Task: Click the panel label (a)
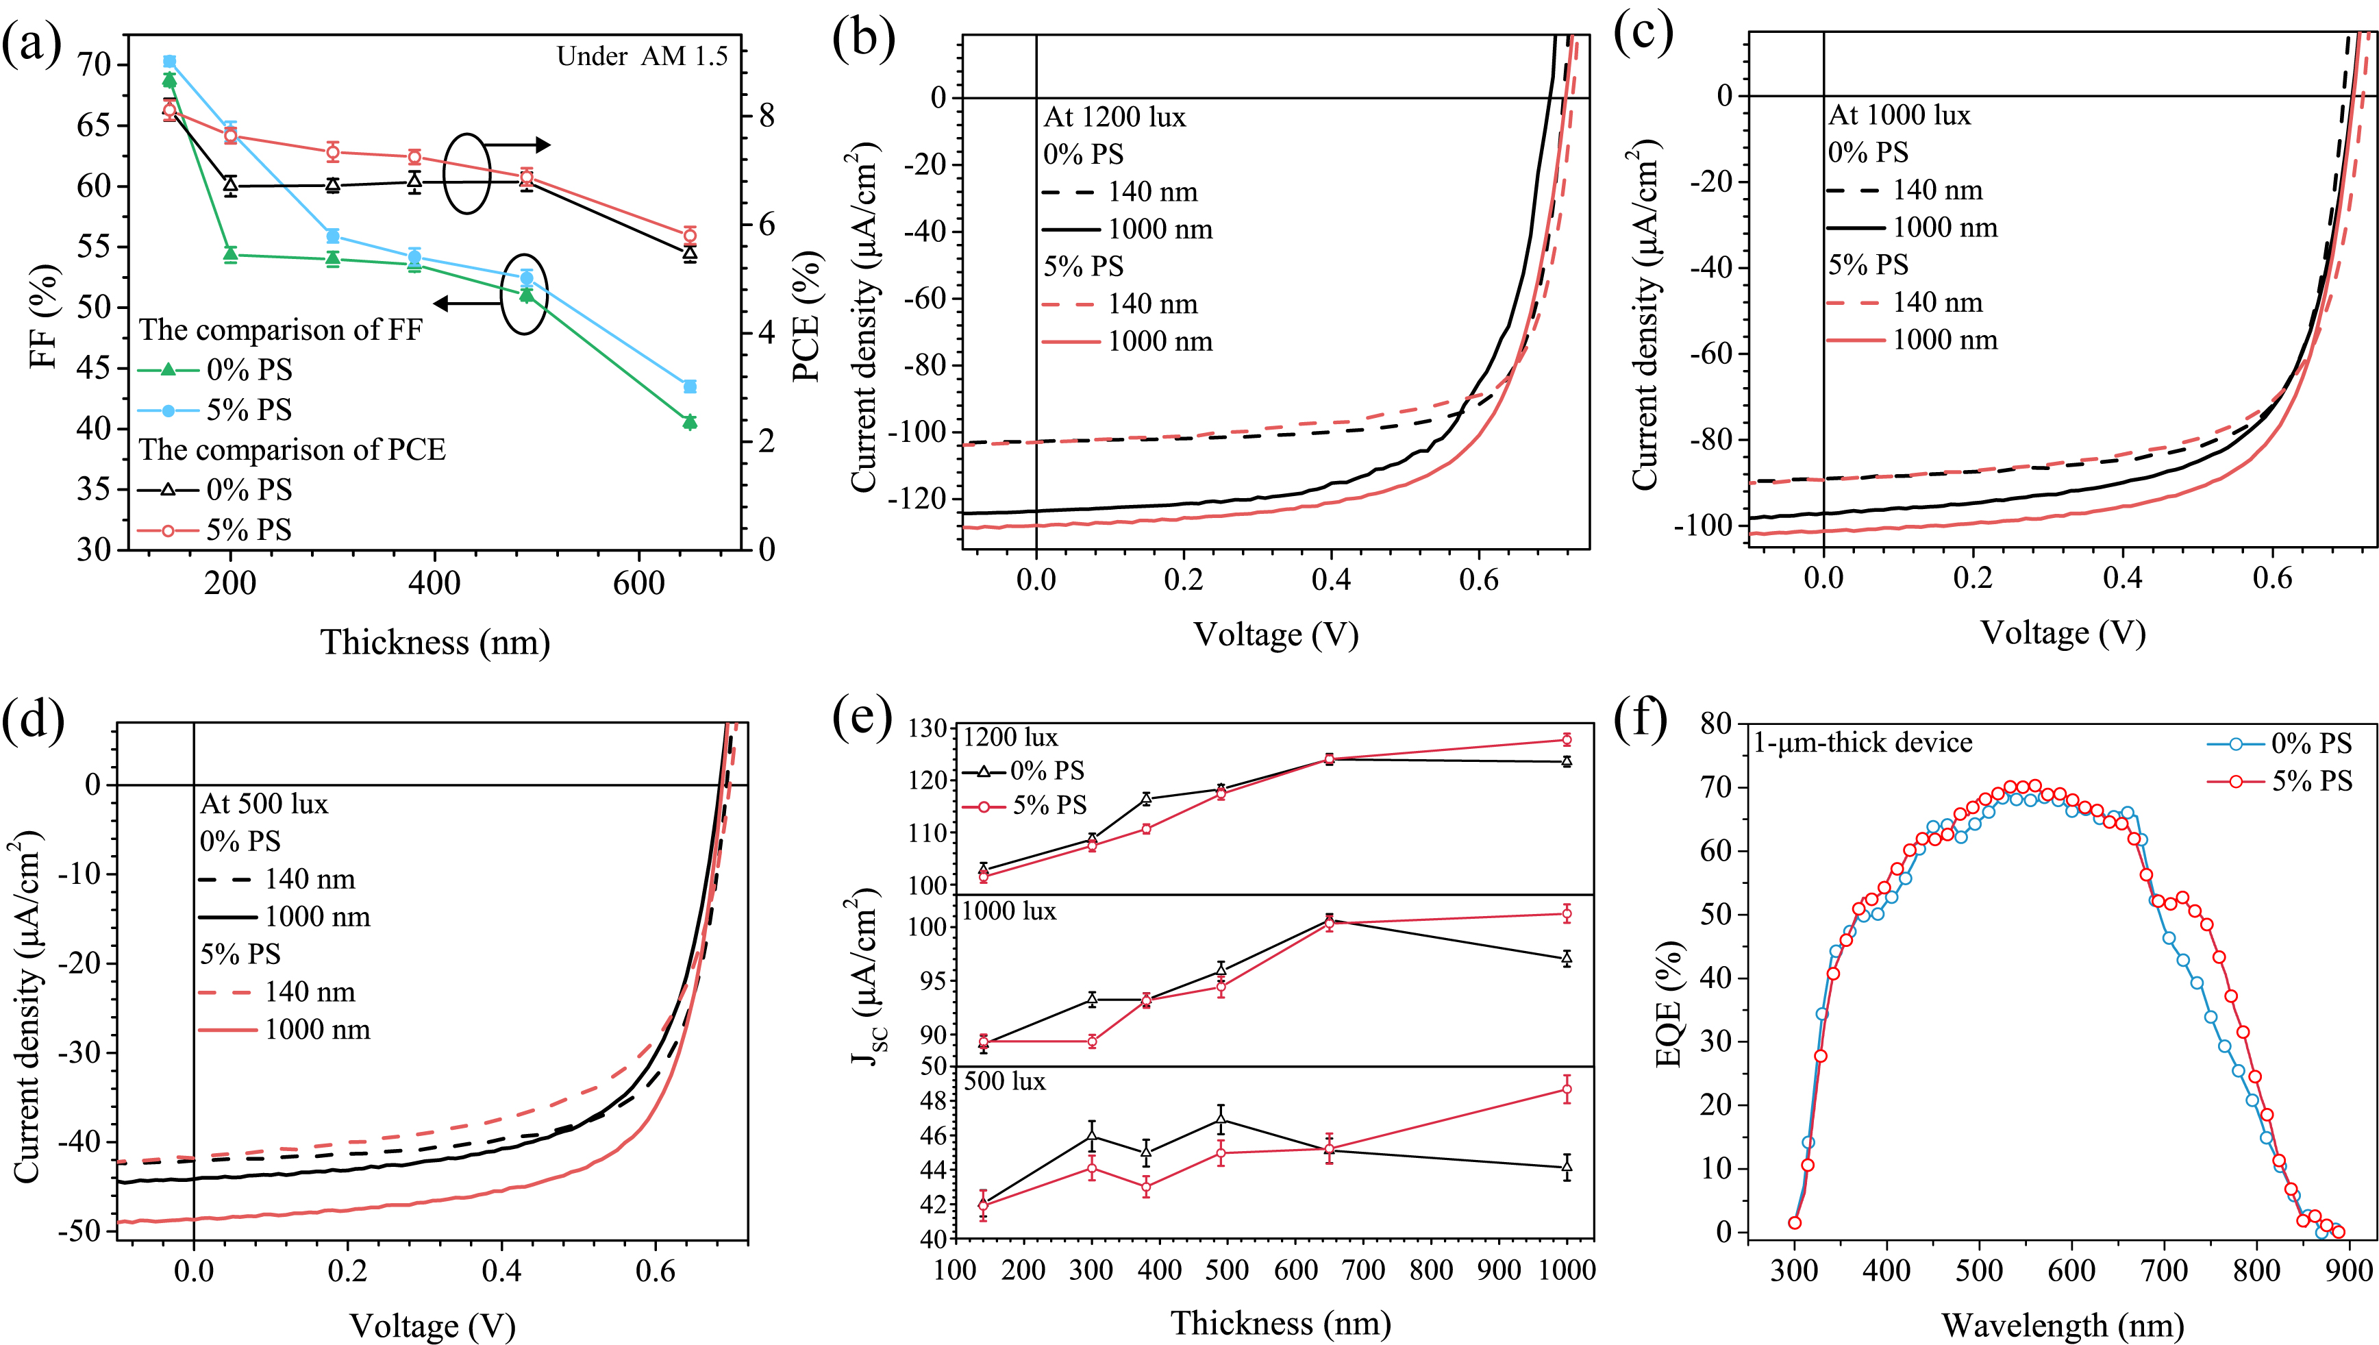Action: [x=32, y=43]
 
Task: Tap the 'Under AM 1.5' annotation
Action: [x=642, y=56]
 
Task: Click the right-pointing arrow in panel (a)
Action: [x=517, y=145]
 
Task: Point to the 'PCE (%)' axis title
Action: [x=807, y=317]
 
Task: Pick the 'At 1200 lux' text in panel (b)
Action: [x=1114, y=117]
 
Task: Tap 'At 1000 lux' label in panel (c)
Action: [x=1899, y=116]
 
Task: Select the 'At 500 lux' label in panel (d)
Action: [x=264, y=804]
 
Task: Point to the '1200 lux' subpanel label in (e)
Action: [x=1010, y=737]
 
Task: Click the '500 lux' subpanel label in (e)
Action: [x=1004, y=1081]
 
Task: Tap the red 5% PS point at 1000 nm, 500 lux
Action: [x=1567, y=1089]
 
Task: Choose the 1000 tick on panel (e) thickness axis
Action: [x=1567, y=1270]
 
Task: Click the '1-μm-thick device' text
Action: [x=1863, y=743]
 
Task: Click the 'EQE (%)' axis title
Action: [x=1669, y=1004]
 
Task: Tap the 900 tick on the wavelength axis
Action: [x=2347, y=1270]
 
